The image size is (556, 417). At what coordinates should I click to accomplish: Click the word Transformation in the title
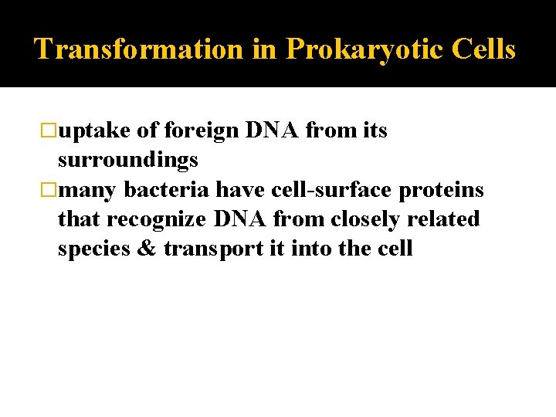(x=139, y=49)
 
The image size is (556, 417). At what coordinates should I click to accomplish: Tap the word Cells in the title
(x=484, y=49)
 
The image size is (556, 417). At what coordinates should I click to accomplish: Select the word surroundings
(x=128, y=160)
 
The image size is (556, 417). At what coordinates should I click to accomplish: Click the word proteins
(x=442, y=190)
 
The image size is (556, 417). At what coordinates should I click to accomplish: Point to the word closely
(x=364, y=219)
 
